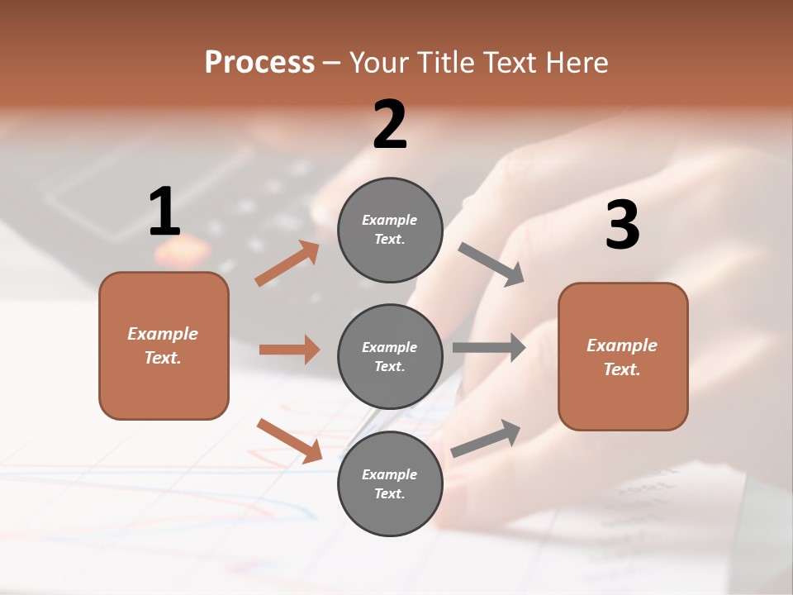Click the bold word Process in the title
259,63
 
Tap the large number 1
164,212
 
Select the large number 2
390,125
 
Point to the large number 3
623,225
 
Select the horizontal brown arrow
289,350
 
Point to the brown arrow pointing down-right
290,440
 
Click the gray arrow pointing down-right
491,264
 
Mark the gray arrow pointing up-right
486,438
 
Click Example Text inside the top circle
390,230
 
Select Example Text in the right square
623,357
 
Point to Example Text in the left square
164,345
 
